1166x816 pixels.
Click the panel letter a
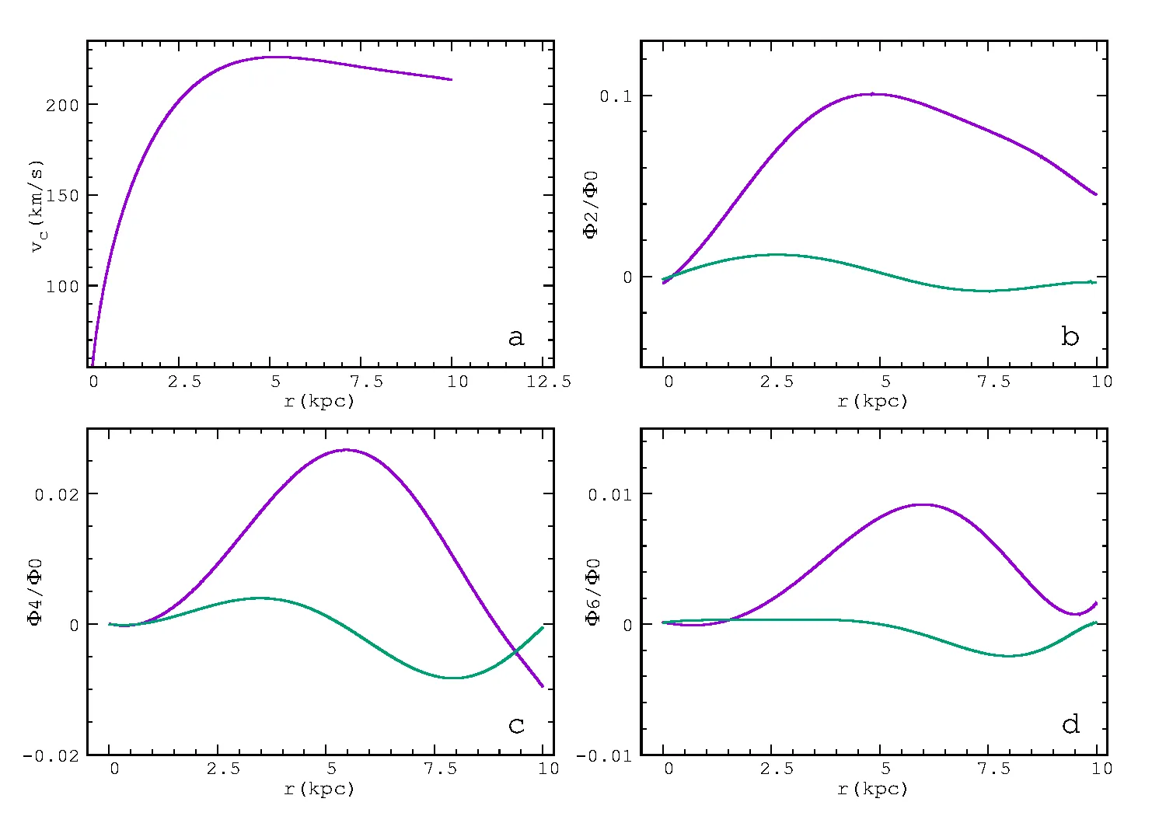coord(515,337)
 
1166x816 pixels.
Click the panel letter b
coord(1070,337)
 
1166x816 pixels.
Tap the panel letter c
coord(516,725)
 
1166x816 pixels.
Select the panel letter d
coord(1070,724)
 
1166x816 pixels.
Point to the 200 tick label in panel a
coord(62,106)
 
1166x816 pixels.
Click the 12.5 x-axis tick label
coord(548,382)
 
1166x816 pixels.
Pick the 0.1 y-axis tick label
coord(615,96)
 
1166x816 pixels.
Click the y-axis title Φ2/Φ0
coord(592,204)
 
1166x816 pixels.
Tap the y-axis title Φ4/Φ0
coord(36,592)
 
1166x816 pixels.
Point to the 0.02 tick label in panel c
coord(57,495)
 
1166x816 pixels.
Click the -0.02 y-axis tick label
coord(51,756)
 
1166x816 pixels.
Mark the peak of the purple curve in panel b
coord(872,94)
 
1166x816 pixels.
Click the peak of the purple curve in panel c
coord(347,450)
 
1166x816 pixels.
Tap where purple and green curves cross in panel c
coord(516,651)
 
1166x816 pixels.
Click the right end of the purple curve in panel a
coord(452,79)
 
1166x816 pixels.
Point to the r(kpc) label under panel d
coord(873,789)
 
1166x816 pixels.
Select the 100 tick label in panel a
coord(62,287)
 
